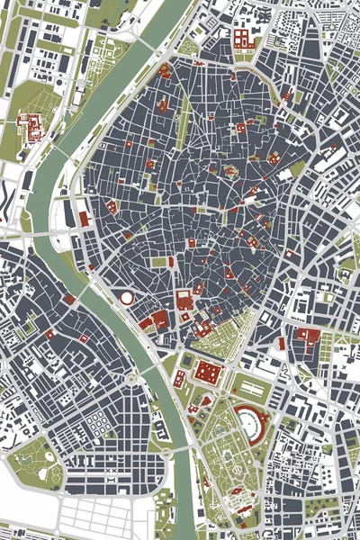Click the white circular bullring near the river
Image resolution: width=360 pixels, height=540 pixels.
click(x=127, y=297)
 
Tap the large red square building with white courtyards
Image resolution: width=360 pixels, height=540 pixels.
click(x=208, y=372)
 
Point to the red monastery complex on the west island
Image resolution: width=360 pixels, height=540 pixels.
click(x=32, y=126)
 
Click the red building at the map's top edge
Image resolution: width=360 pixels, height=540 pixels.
click(x=241, y=38)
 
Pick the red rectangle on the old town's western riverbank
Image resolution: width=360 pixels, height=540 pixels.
click(x=84, y=218)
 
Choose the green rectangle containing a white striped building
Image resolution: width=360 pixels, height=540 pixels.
click(x=251, y=388)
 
